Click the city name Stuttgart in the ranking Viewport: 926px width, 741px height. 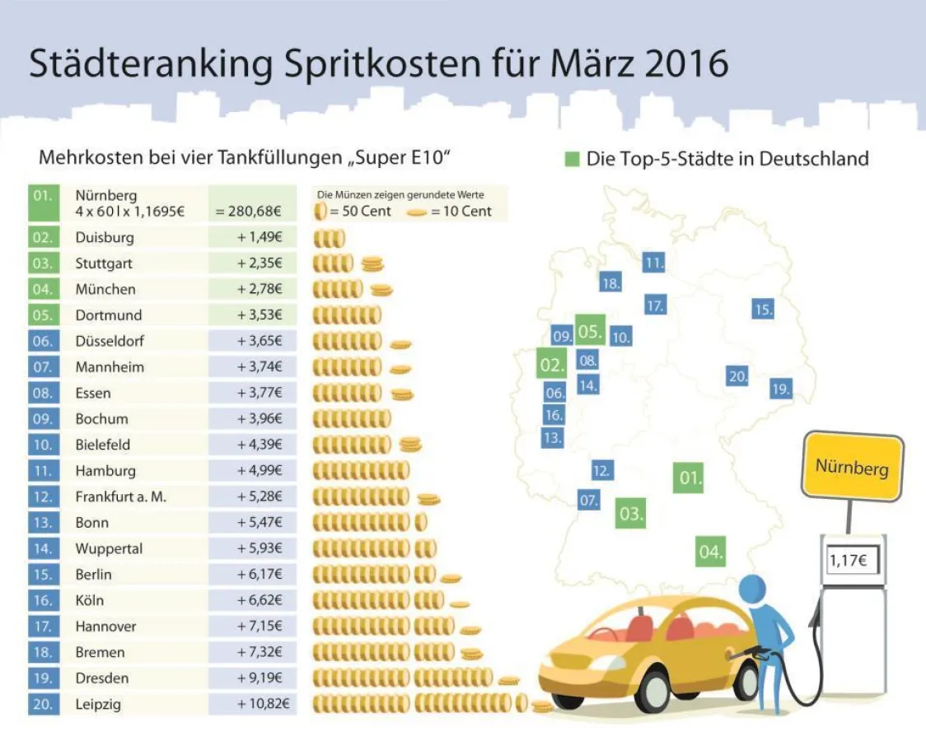pos(104,263)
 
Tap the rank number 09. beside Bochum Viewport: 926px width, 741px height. pos(43,418)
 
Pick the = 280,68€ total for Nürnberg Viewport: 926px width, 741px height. pos(249,212)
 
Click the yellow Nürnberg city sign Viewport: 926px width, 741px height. pos(852,467)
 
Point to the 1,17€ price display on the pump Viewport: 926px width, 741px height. pos(852,562)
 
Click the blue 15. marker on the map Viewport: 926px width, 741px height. pos(763,310)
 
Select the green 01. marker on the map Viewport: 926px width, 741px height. pos(689,478)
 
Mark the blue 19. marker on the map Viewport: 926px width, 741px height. pos(781,389)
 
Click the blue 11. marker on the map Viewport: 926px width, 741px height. pos(654,263)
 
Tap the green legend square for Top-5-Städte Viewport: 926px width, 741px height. pos(573,158)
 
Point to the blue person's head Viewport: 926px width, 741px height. pos(753,590)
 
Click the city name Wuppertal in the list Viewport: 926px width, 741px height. pos(109,548)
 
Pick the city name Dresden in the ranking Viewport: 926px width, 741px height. pos(102,678)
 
